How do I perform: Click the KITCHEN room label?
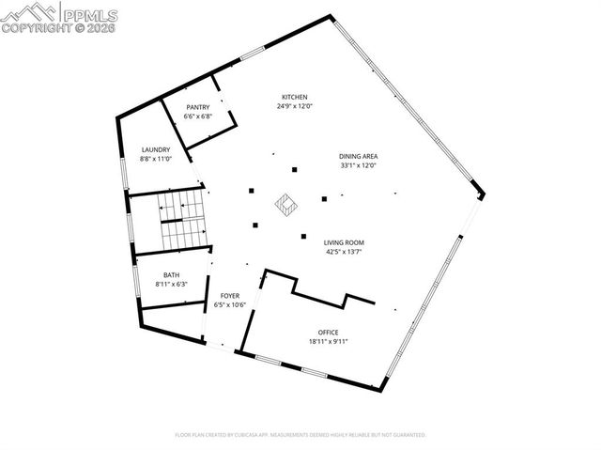pos(294,97)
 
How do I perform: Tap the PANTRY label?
pos(197,107)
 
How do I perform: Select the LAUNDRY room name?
pos(155,149)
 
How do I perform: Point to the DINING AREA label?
pos(358,156)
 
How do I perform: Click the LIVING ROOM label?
pos(343,242)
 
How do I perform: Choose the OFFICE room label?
pos(328,332)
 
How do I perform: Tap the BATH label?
pos(170,275)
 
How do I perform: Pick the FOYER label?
pos(229,296)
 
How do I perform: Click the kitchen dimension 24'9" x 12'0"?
pos(294,106)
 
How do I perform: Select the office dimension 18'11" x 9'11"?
pos(328,341)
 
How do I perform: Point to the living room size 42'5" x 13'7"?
pos(343,252)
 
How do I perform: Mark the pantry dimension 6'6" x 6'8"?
pos(197,116)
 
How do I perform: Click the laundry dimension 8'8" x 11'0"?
pos(155,159)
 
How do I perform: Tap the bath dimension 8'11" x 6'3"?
pos(170,285)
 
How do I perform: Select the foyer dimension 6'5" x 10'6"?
pos(229,305)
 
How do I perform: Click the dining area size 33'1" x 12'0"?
pos(358,165)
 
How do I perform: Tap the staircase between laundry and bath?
pos(180,222)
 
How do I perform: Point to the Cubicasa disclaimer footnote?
pos(300,435)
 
